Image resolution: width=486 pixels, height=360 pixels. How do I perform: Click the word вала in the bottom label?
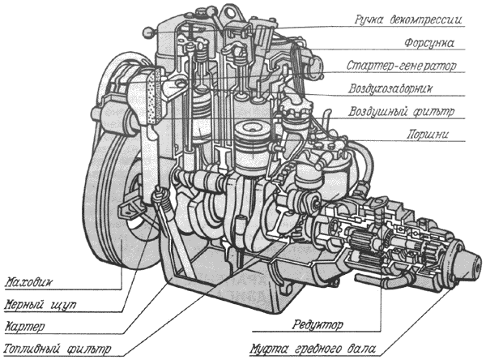(x=362, y=350)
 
